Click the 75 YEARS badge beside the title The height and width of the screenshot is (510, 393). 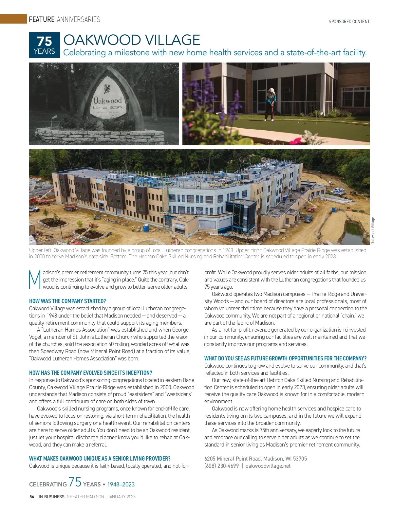pos(45,45)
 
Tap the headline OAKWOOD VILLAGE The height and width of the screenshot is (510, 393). pos(131,40)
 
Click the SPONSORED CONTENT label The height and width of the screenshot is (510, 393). pos(349,22)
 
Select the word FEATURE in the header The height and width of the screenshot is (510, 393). pos(42,19)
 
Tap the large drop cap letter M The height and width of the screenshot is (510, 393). pos(35,280)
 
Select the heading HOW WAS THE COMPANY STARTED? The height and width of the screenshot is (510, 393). pos(67,301)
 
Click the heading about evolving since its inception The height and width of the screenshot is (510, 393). pos(90,373)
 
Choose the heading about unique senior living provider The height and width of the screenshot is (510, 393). pos(100,459)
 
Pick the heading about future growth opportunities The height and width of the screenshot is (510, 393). pos(285,358)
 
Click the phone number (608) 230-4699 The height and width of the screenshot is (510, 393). pos(221,466)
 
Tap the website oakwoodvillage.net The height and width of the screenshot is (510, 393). pos(268,466)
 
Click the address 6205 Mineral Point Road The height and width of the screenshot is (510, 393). pos(232,459)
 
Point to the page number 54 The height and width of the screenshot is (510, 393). pos(32,497)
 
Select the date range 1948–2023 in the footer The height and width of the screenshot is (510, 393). pos(121,484)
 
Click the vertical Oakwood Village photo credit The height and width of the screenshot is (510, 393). pos(373,231)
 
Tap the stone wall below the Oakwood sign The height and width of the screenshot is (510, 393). pos(99,135)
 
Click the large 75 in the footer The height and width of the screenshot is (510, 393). pos(75,482)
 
